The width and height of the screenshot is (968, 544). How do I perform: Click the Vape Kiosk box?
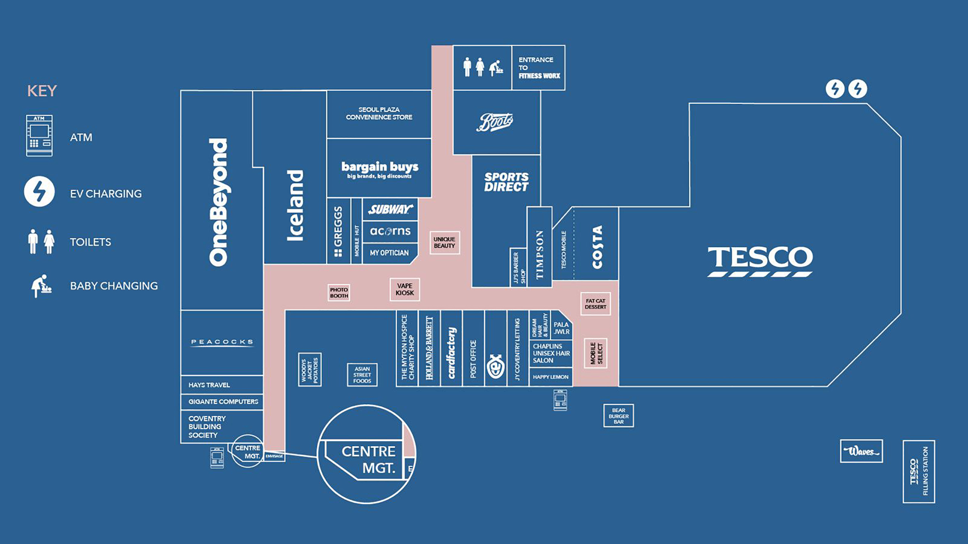pyautogui.click(x=405, y=289)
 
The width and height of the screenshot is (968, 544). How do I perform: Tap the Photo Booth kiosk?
pyautogui.click(x=339, y=293)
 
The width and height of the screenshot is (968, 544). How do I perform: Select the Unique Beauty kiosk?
pyautogui.click(x=444, y=243)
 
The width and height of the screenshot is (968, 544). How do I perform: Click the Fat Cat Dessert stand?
pyautogui.click(x=596, y=304)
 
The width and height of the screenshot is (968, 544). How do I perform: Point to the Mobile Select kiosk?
pyautogui.click(x=596, y=353)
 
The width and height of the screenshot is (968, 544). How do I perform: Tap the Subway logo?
pyautogui.click(x=390, y=209)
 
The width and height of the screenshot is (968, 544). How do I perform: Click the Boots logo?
pyautogui.click(x=495, y=122)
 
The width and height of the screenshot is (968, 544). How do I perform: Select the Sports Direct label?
pyautogui.click(x=506, y=182)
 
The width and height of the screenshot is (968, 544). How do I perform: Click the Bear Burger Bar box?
pyautogui.click(x=619, y=416)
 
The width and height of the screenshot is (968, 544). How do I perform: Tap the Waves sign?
pyautogui.click(x=861, y=451)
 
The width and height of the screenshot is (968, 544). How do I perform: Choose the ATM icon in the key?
pyautogui.click(x=39, y=136)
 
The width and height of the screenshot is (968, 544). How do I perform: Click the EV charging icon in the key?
pyautogui.click(x=39, y=192)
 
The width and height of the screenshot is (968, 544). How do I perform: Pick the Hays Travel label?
pyautogui.click(x=209, y=385)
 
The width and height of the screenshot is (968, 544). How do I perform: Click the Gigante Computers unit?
pyautogui.click(x=223, y=402)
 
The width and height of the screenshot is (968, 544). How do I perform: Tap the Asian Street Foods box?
pyautogui.click(x=362, y=375)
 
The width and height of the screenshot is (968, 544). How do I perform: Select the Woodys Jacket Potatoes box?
pyautogui.click(x=310, y=370)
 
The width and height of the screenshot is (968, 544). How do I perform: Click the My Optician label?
pyautogui.click(x=389, y=253)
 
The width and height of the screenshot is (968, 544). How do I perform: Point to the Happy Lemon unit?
pyautogui.click(x=551, y=377)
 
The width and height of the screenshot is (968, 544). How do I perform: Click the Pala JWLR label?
pyautogui.click(x=562, y=328)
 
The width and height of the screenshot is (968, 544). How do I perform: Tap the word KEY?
pyautogui.click(x=42, y=91)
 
